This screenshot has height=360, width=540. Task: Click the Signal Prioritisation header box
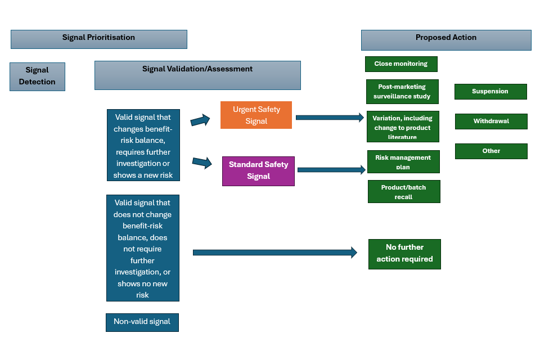(x=98, y=39)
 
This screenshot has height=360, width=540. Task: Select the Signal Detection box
(x=37, y=76)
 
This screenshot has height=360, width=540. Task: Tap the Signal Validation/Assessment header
(x=197, y=75)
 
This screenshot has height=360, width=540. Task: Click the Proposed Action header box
(x=445, y=40)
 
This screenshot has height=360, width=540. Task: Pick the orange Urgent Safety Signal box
(x=256, y=115)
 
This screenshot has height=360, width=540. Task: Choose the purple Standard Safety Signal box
(x=258, y=171)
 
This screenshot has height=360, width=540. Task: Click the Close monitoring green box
(x=401, y=64)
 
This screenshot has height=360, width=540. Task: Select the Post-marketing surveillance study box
(x=402, y=92)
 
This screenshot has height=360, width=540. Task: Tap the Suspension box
(x=490, y=91)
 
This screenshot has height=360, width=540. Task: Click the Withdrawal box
(x=491, y=121)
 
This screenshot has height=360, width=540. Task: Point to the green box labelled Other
(x=491, y=151)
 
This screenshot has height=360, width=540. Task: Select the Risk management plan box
(x=403, y=161)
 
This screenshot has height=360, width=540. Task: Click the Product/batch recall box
(x=403, y=191)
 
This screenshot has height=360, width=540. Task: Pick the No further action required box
(x=404, y=254)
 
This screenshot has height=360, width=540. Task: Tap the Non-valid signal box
(x=142, y=322)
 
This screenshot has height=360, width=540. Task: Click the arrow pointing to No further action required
(x=274, y=253)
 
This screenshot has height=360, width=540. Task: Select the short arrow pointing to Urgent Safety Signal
(x=200, y=120)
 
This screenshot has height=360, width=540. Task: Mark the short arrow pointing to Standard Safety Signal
(x=202, y=163)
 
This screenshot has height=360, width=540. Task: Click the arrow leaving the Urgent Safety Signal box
(x=330, y=118)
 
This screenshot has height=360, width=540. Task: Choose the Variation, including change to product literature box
(x=402, y=127)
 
